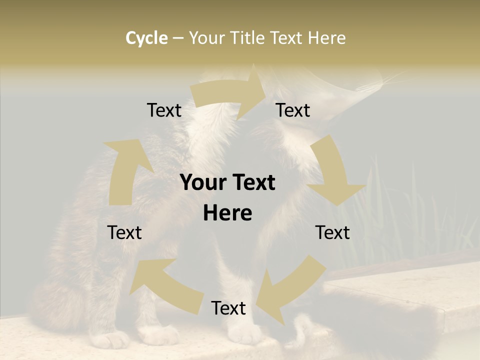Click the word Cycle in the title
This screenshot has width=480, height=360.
(x=146, y=38)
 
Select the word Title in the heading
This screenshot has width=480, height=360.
(x=248, y=38)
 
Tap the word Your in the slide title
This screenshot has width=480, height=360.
(x=207, y=38)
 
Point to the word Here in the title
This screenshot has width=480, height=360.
(x=326, y=38)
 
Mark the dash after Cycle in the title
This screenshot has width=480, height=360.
(x=178, y=38)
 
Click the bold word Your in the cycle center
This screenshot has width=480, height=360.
(x=203, y=183)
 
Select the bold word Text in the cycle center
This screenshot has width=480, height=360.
(x=254, y=183)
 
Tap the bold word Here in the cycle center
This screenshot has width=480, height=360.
(x=227, y=213)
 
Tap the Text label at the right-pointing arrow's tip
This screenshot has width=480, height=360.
(x=293, y=110)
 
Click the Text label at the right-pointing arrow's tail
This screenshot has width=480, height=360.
(x=164, y=110)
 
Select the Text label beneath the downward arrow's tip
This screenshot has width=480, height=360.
(x=332, y=232)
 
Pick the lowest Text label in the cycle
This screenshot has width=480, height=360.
(x=228, y=308)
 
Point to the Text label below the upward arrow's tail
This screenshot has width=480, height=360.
(x=124, y=232)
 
